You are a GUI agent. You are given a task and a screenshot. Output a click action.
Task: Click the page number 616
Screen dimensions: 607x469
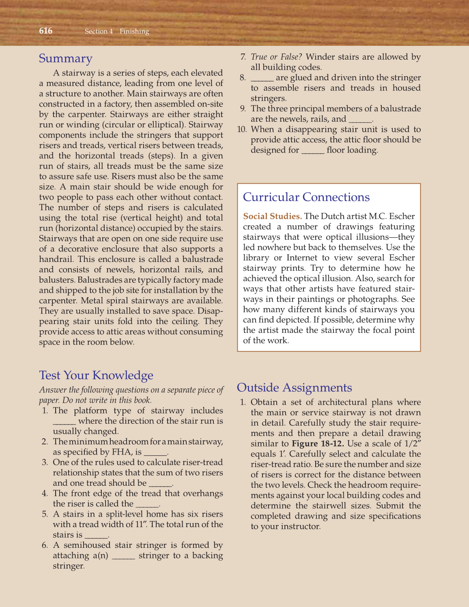(x=46, y=31)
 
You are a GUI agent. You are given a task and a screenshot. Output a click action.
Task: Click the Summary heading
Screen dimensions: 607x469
(x=66, y=59)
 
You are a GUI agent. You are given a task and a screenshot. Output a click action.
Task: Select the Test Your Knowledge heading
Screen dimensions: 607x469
(x=96, y=375)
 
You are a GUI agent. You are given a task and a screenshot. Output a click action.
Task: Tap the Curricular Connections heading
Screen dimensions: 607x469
(x=306, y=197)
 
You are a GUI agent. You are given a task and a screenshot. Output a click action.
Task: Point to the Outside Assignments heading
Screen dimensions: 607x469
(x=294, y=388)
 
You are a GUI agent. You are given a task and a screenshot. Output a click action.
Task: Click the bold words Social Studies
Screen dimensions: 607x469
(x=272, y=216)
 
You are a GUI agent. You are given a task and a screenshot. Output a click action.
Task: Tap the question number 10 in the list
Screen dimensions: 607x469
(x=242, y=129)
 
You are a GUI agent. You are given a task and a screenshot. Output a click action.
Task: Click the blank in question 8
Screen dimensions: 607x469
(x=262, y=78)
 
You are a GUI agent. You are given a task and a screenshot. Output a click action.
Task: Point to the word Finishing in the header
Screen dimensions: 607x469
(x=134, y=31)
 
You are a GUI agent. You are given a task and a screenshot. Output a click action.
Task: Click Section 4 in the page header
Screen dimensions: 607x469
(x=99, y=31)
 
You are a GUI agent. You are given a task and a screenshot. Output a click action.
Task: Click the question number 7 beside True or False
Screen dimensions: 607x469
(x=243, y=57)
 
